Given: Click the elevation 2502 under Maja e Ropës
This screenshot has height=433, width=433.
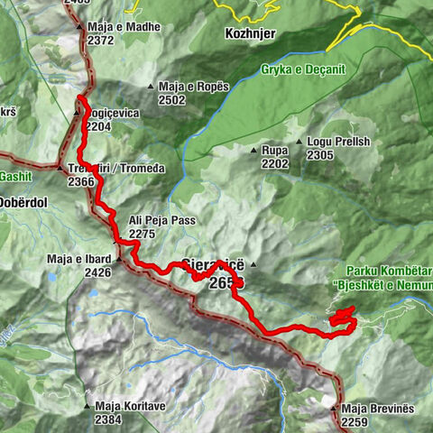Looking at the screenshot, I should [x=171, y=100].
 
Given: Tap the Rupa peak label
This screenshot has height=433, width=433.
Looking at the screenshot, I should [x=274, y=151].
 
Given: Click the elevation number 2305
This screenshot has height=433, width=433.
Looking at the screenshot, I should [x=320, y=155].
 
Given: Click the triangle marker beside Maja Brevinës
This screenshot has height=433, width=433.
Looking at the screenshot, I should [x=334, y=409].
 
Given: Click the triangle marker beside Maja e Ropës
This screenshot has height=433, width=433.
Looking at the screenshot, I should [x=151, y=87].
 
